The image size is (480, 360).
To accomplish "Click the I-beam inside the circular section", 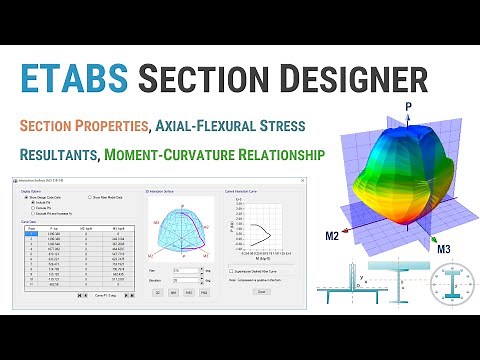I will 441,286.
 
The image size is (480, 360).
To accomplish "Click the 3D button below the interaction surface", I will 158,293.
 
